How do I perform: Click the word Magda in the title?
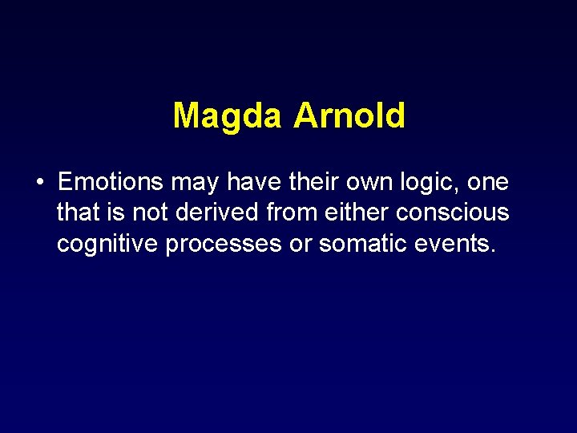click(227, 115)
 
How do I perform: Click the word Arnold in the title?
click(349, 115)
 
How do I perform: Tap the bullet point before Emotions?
click(39, 183)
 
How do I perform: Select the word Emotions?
click(111, 183)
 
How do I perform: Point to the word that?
click(79, 213)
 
